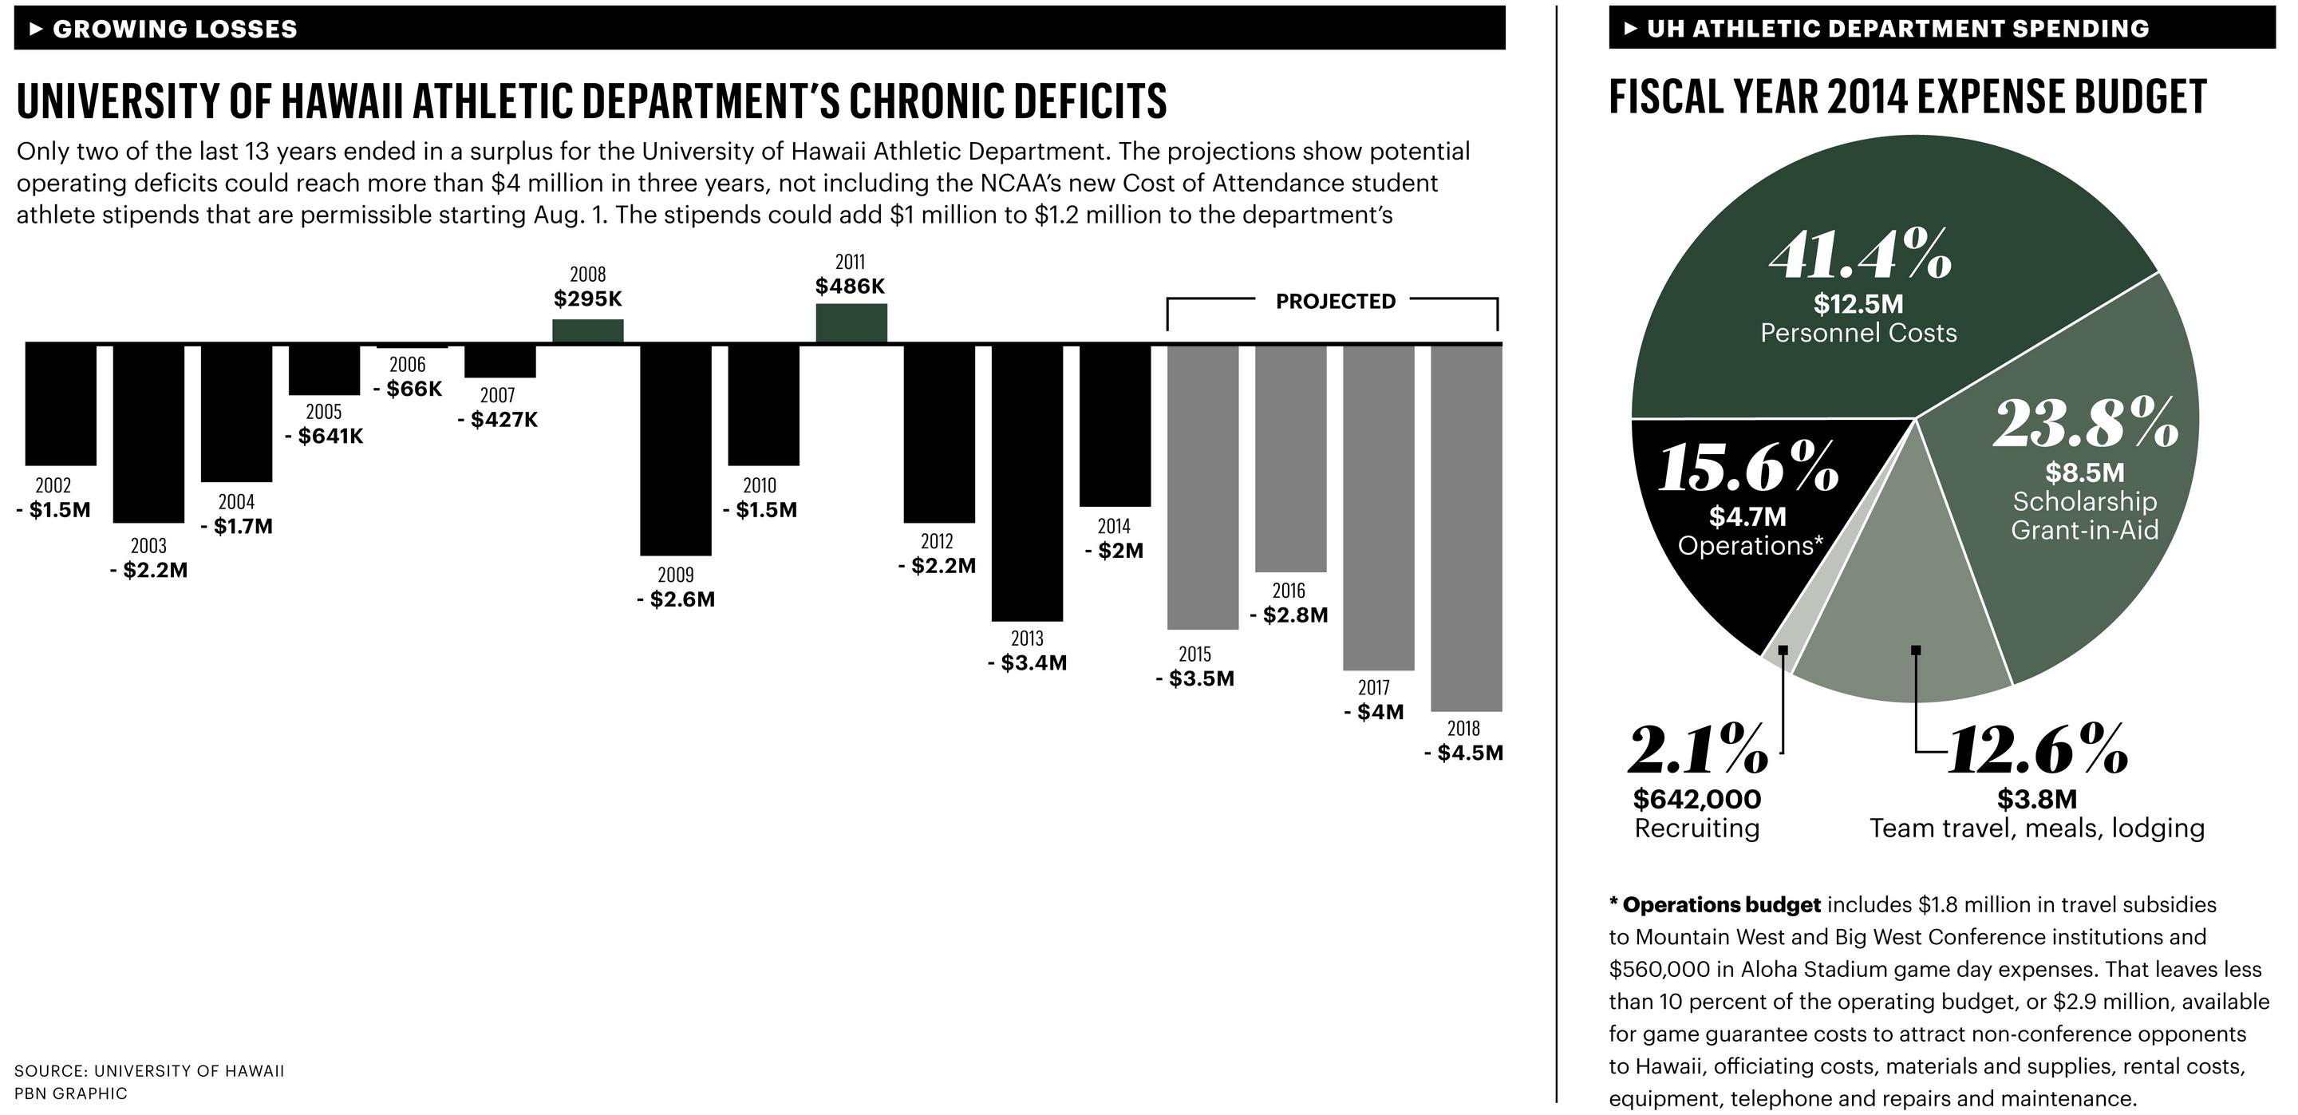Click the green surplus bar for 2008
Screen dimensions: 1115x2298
click(x=588, y=331)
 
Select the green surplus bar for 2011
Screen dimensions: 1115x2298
click(x=851, y=323)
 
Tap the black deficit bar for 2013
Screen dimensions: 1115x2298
click(x=1027, y=482)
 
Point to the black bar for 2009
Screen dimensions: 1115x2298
click(x=675, y=449)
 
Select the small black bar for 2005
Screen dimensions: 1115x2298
click(x=324, y=370)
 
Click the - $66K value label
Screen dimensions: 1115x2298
click(x=408, y=389)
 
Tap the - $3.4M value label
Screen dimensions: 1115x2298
click(x=1027, y=662)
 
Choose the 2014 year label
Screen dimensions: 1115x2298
click(x=1113, y=526)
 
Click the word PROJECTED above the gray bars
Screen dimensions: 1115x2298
click(x=1335, y=302)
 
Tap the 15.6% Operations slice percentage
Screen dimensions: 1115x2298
click(x=1747, y=467)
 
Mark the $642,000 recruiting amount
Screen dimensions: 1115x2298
click(x=1696, y=798)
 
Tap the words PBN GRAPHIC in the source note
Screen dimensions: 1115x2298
click(x=70, y=1093)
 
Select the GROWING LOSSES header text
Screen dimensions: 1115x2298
click(x=174, y=29)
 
